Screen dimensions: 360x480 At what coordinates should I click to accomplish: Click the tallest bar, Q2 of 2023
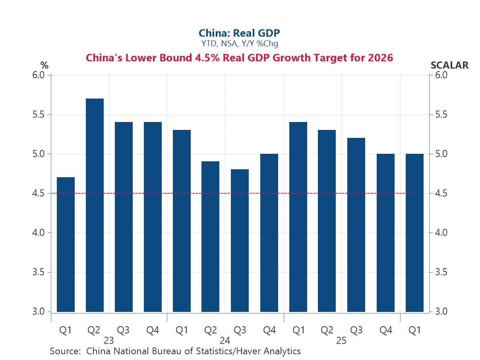click(x=95, y=205)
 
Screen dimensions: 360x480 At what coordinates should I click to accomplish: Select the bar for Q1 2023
click(x=66, y=244)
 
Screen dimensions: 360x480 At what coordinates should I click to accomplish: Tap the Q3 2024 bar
click(x=240, y=240)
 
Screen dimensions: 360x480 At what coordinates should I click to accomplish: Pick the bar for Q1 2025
click(x=298, y=217)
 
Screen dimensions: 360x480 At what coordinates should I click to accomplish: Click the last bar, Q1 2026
click(x=414, y=233)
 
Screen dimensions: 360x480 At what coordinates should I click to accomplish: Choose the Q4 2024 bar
click(x=269, y=233)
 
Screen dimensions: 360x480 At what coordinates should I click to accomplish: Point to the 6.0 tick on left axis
click(x=39, y=75)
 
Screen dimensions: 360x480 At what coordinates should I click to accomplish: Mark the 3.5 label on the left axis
click(x=39, y=272)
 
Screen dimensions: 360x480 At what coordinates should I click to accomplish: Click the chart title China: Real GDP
click(x=239, y=33)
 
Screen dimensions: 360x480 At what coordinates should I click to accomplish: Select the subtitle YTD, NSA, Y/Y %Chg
click(x=239, y=43)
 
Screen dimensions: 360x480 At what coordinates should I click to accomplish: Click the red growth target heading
click(x=239, y=58)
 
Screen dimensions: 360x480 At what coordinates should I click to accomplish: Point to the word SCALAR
click(x=449, y=65)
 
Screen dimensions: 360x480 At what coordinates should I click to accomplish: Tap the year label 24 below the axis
click(x=225, y=341)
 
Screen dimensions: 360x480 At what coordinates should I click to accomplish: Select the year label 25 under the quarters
click(x=341, y=341)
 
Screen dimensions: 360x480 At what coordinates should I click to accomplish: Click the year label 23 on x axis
click(x=108, y=341)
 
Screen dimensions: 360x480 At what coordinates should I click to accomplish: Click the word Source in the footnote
click(x=65, y=351)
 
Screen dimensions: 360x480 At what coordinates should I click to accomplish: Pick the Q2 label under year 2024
click(x=210, y=330)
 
